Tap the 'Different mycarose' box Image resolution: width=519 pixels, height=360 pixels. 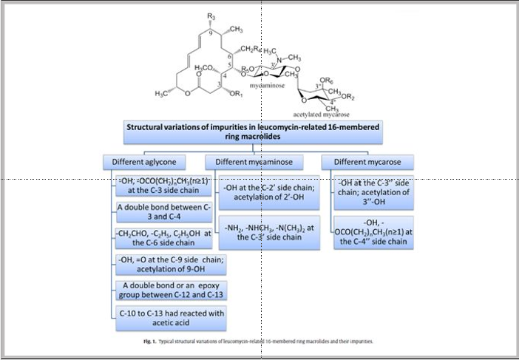367,162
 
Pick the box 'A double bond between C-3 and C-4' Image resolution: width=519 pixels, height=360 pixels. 160,212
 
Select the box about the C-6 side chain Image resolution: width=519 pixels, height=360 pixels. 163,238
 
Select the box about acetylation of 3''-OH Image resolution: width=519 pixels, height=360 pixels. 371,193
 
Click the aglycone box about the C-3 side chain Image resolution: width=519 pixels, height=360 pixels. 163,186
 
